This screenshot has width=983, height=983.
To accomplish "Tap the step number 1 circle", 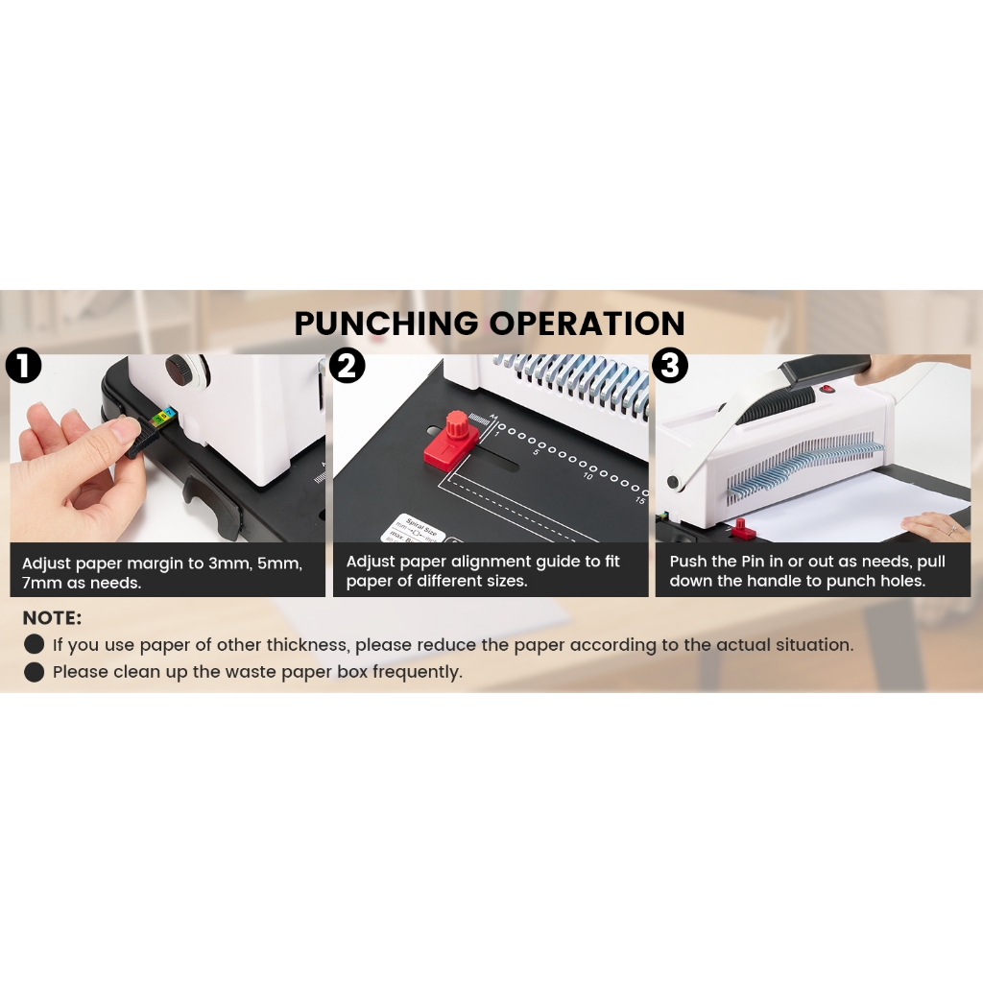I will point(23,366).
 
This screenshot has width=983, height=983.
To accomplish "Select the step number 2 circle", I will point(347,366).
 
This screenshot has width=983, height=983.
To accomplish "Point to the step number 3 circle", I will point(670,366).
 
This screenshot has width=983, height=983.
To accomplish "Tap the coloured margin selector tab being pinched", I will point(164,418).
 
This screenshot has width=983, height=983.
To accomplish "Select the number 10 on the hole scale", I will point(587,476).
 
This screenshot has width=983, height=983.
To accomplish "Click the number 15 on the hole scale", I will point(638,500).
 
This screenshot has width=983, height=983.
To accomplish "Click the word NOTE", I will point(52,618).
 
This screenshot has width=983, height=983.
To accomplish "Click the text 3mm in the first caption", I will point(232,563).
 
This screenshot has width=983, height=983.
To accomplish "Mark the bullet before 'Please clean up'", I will point(35,672).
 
